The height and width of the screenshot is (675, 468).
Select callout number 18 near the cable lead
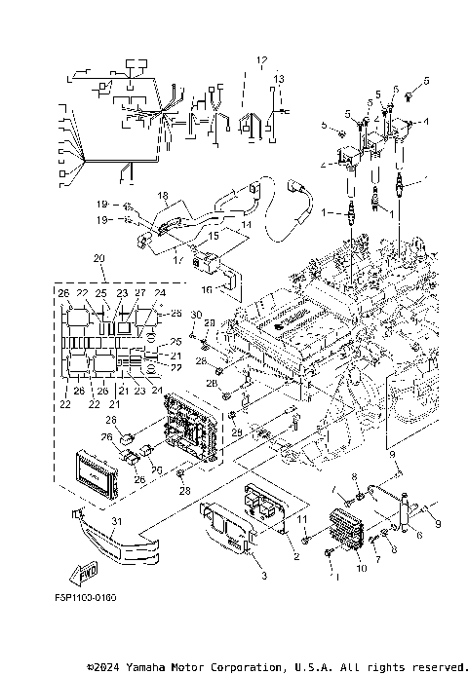[163, 196]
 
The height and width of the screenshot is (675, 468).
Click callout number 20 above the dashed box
[97, 258]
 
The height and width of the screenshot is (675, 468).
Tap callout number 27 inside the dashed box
[138, 292]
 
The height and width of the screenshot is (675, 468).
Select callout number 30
[195, 315]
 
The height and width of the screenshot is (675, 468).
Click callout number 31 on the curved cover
[116, 523]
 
